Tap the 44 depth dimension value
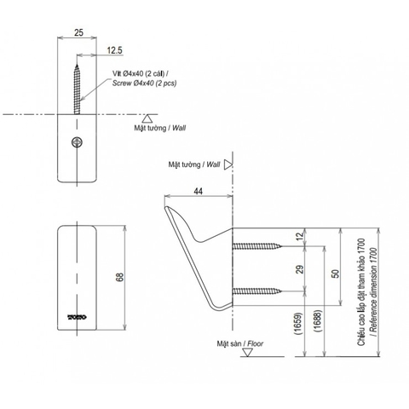coord(198,193)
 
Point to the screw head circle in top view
coord(78,143)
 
